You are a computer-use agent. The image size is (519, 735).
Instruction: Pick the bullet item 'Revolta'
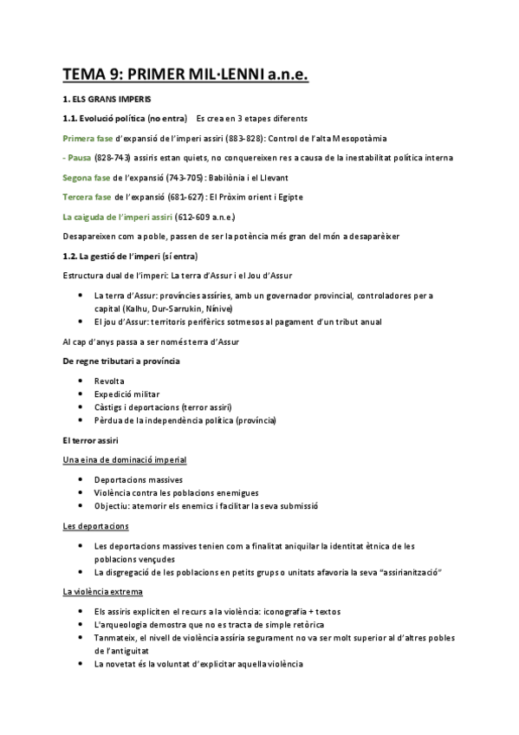[108, 381]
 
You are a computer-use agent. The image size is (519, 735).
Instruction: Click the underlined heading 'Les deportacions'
[96, 526]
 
